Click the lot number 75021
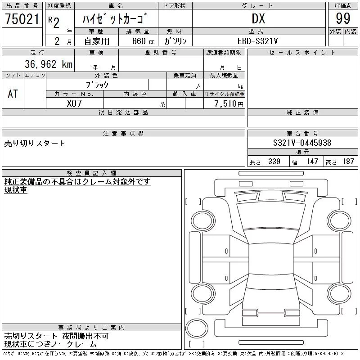pos(22,19)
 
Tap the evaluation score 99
pos(343,18)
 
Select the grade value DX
pos(258,18)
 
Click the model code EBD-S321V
pos(257,41)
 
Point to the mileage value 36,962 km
pos(49,64)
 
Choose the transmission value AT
pos(13,94)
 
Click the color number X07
pos(74,103)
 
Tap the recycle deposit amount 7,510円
pos(229,104)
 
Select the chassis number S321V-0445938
pos(302,143)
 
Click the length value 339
pos(274,162)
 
